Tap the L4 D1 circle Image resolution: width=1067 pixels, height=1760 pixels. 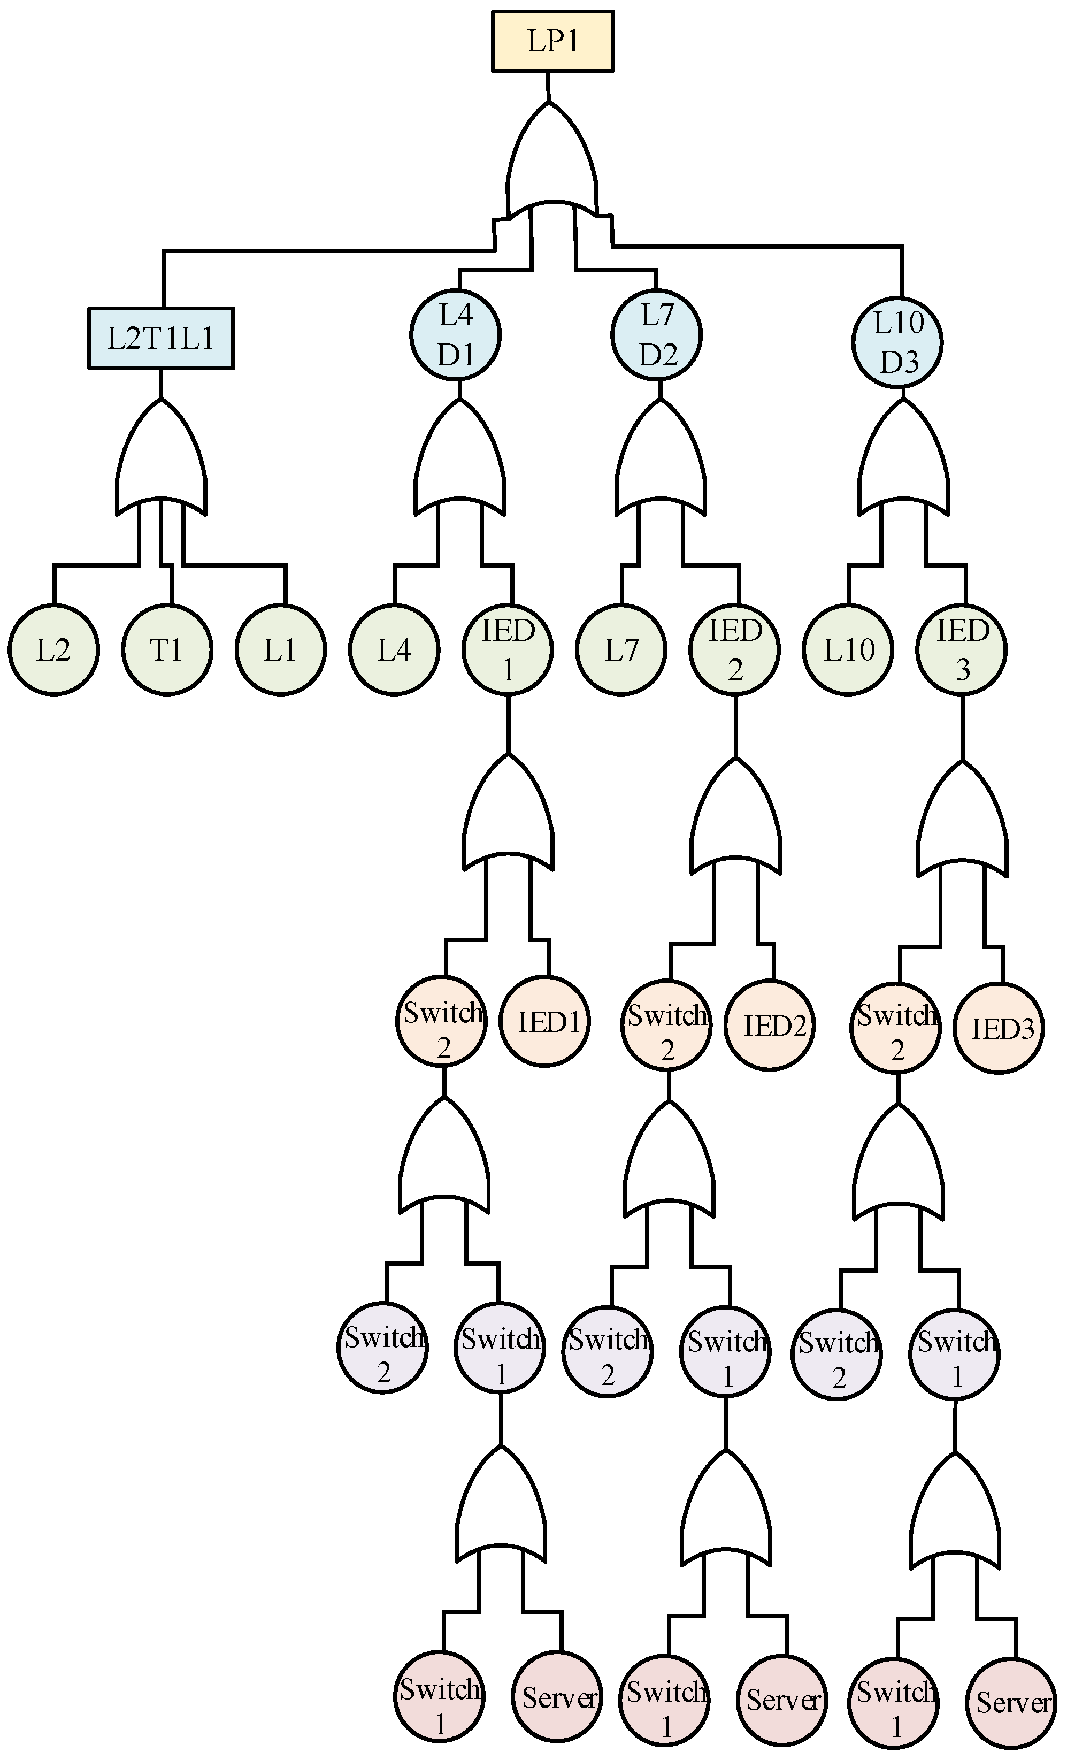[456, 335]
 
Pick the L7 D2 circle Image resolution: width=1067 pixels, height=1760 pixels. [656, 335]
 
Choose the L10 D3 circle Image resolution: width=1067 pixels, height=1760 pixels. [898, 343]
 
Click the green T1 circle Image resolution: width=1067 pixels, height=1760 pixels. [166, 649]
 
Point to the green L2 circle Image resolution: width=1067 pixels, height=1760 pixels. [53, 649]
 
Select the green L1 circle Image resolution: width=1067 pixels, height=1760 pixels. [281, 649]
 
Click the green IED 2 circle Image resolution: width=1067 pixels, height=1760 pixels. [734, 649]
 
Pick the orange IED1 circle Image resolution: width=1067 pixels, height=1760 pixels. [544, 1022]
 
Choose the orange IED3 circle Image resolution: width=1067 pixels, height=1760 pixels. [999, 1029]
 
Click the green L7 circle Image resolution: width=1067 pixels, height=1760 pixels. [621, 649]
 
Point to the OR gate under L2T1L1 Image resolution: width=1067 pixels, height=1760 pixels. [162, 457]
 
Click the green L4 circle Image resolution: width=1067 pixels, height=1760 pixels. [394, 649]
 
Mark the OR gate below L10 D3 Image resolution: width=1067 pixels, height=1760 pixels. [903, 457]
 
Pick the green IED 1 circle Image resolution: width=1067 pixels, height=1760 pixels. [507, 649]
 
